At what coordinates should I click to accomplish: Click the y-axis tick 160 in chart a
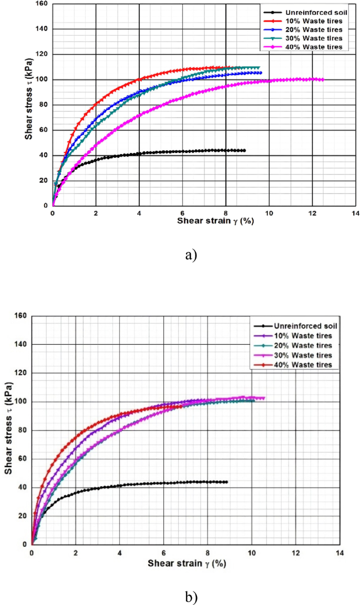click(42, 4)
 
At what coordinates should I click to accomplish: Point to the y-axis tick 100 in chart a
click(42, 80)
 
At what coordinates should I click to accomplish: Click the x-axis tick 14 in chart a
click(355, 213)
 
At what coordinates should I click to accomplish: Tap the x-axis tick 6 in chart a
click(182, 213)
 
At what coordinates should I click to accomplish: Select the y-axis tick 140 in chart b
click(21, 345)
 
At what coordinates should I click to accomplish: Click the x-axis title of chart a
click(215, 220)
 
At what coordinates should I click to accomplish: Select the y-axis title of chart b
click(8, 430)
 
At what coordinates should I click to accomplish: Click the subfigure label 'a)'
click(191, 256)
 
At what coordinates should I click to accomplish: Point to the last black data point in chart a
click(244, 150)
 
